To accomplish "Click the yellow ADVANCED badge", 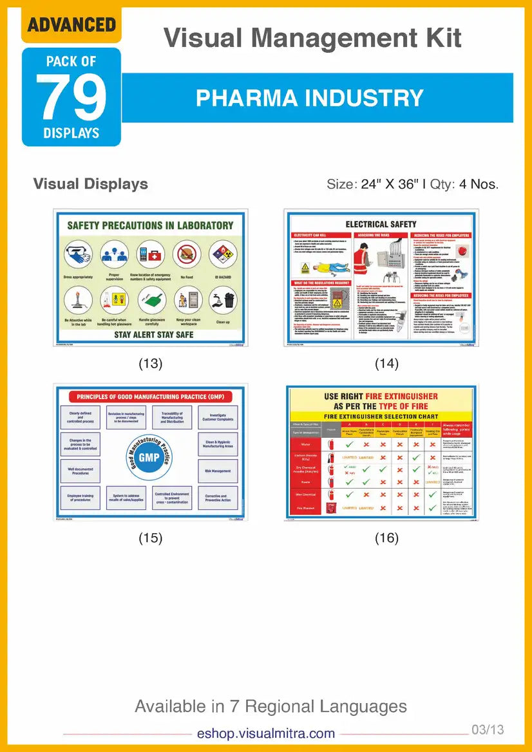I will pyautogui.click(x=71, y=25).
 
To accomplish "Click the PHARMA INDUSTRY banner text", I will pyautogui.click(x=309, y=98).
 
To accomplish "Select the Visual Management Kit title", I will pyautogui.click(x=312, y=39).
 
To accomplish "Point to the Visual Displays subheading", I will pyautogui.click(x=91, y=184).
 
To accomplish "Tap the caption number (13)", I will pyautogui.click(x=151, y=363).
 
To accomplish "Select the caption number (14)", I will pyautogui.click(x=386, y=363).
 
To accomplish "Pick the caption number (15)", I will pyautogui.click(x=151, y=538).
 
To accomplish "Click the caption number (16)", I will pyautogui.click(x=386, y=538).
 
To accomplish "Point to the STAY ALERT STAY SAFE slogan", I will pyautogui.click(x=149, y=334).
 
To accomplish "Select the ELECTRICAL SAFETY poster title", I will pyautogui.click(x=381, y=224).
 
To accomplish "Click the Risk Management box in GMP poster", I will pyautogui.click(x=217, y=471).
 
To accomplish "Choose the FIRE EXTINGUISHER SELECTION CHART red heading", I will pyautogui.click(x=381, y=417).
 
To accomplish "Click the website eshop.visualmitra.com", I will pyautogui.click(x=266, y=733).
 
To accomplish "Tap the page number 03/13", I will pyautogui.click(x=488, y=729).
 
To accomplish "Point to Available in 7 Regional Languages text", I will pyautogui.click(x=271, y=706).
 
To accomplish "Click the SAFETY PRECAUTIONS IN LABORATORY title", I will pyautogui.click(x=150, y=225).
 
